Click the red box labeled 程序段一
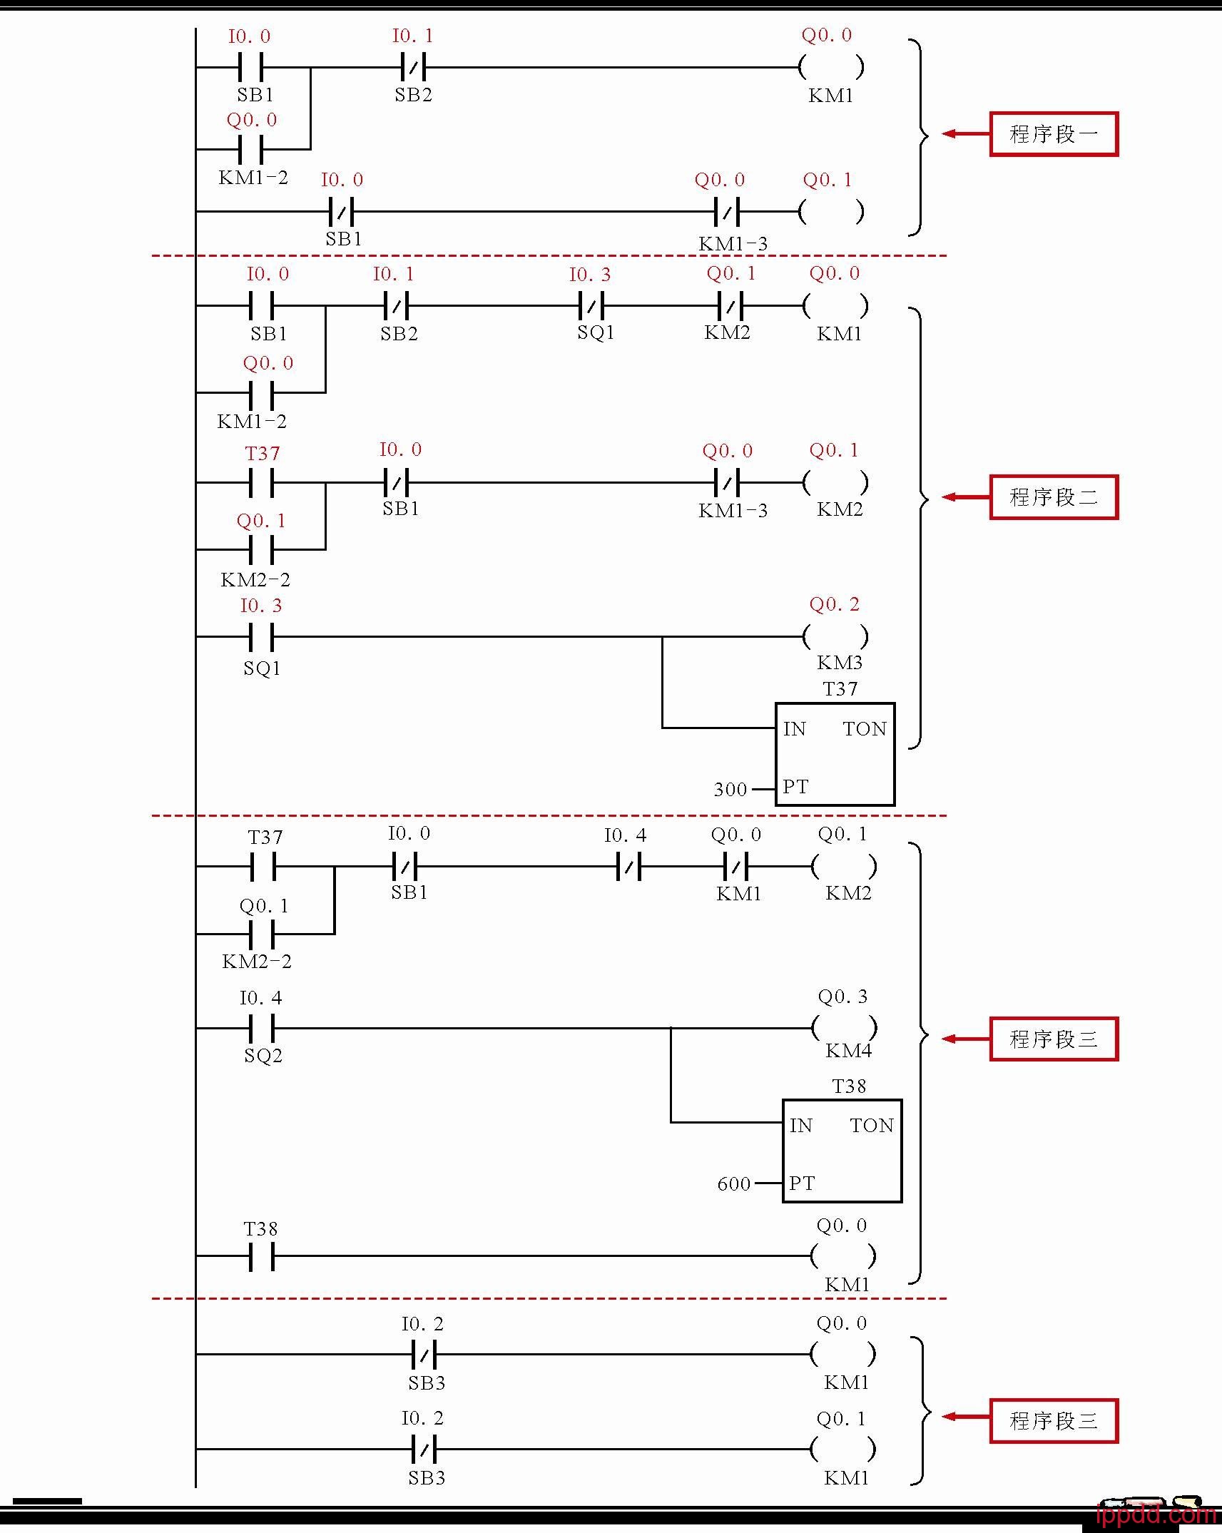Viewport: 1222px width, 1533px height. (1053, 134)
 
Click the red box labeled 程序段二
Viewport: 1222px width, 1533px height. (1053, 497)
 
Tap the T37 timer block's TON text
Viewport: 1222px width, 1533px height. (864, 728)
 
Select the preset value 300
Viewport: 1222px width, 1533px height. (730, 789)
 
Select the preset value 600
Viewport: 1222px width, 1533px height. (733, 1184)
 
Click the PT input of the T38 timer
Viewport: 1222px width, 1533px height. (801, 1183)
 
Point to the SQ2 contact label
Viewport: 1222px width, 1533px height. (263, 1056)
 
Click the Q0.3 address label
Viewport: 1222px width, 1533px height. (842, 997)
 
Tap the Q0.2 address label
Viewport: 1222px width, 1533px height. (834, 605)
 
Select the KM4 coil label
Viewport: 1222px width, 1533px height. (848, 1051)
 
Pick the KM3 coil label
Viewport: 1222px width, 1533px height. (840, 663)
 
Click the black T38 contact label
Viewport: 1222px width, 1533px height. (261, 1229)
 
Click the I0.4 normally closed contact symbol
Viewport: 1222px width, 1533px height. (628, 867)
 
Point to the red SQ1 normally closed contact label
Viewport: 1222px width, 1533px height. (596, 332)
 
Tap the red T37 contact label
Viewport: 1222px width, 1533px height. (263, 454)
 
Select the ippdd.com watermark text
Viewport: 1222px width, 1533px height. (1156, 1514)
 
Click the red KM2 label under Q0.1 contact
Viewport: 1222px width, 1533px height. (727, 332)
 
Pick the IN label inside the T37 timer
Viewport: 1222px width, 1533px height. (794, 728)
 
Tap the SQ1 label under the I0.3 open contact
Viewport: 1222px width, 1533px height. (262, 668)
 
